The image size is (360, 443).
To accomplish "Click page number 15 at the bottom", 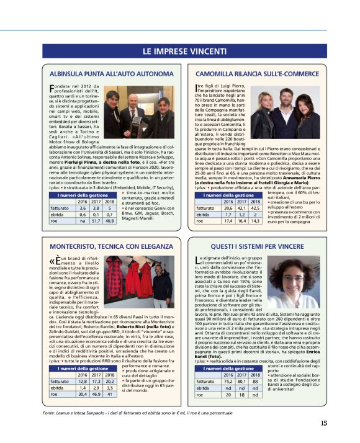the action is (324, 423).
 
